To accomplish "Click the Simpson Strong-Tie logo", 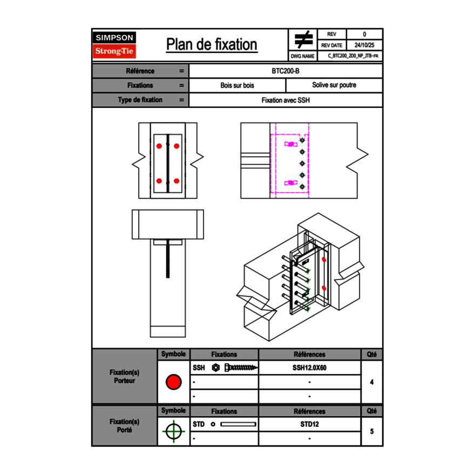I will (x=114, y=45).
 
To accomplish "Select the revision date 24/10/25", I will (x=364, y=45).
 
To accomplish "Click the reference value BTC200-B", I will (x=286, y=71).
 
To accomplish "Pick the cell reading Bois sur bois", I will (x=237, y=85).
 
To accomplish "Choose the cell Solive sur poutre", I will (x=334, y=85).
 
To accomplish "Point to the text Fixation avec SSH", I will (x=286, y=100).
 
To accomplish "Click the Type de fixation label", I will (x=140, y=100).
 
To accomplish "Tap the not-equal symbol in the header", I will (x=303, y=40).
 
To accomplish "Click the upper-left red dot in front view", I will (x=159, y=146).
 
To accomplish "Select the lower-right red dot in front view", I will (x=177, y=181).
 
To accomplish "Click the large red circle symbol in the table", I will (x=173, y=382).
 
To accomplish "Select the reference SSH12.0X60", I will (x=309, y=368).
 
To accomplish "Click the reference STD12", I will (x=309, y=424).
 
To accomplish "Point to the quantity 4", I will (x=371, y=382).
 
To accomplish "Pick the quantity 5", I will (x=371, y=431).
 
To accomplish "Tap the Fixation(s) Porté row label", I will (x=124, y=426).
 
